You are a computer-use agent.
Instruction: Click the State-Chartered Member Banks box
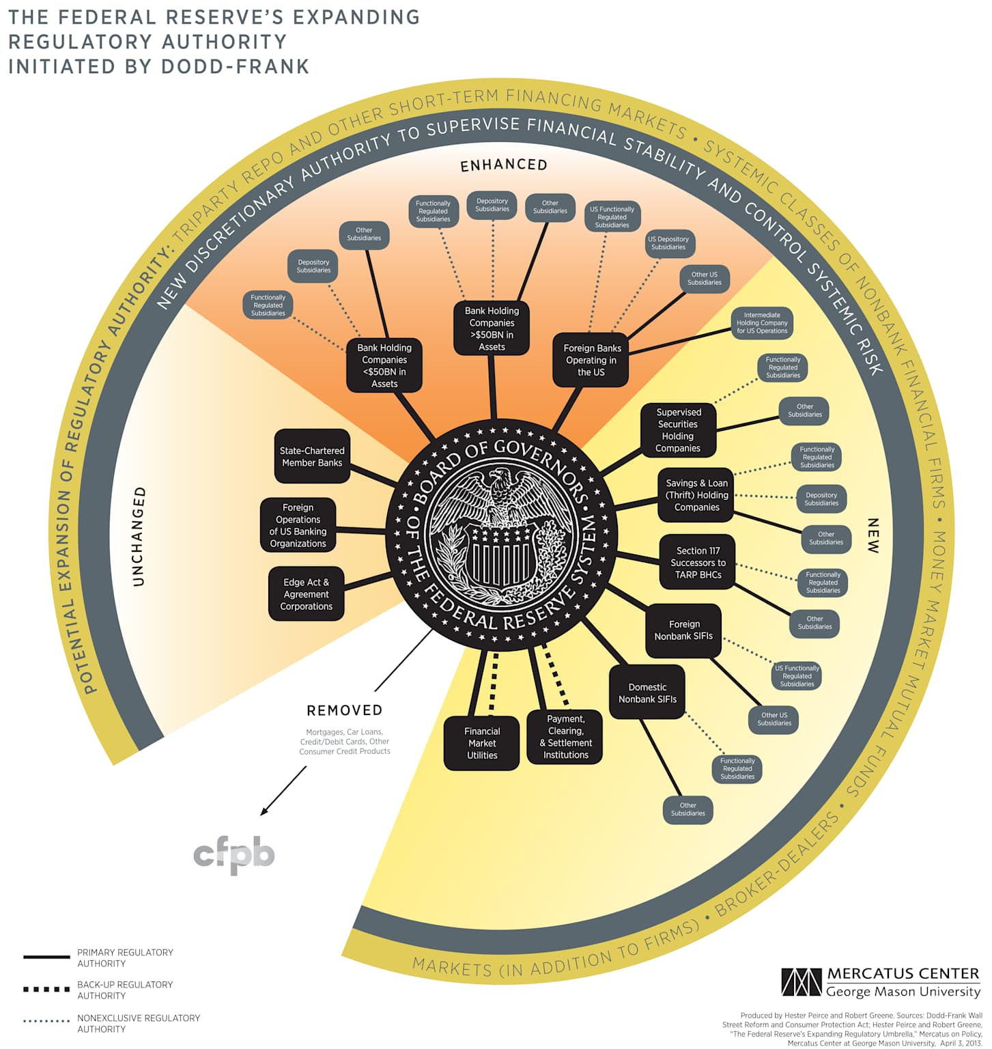pos(312,456)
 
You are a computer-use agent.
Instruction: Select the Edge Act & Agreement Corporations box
pos(306,594)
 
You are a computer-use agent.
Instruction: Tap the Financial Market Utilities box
pos(482,743)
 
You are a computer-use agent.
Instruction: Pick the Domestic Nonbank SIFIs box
pos(647,693)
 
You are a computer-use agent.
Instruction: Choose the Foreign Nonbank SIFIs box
pos(683,630)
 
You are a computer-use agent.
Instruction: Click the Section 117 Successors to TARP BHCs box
pos(698,563)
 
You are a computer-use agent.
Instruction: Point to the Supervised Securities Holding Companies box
pos(678,430)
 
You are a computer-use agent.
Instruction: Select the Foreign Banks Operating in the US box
pos(591,360)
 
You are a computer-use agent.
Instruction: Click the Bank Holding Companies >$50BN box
pos(492,328)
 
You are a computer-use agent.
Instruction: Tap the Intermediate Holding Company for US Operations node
pos(762,323)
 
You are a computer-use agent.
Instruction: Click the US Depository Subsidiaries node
pos(668,243)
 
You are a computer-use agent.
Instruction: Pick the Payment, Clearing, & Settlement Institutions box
pos(565,737)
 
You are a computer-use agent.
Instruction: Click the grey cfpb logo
pos(234,854)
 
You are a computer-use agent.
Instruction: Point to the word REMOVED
pos(345,710)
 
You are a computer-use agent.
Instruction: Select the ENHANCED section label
pos(504,165)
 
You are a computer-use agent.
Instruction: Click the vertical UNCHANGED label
pos(139,537)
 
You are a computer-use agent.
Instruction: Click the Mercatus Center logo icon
pos(802,982)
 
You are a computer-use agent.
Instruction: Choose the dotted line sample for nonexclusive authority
pos(46,1022)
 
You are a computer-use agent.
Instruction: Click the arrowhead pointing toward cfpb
pos(264,813)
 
